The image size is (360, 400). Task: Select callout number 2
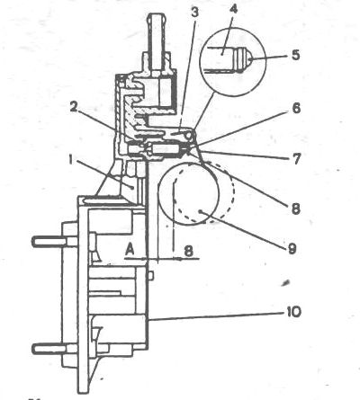[x=74, y=106]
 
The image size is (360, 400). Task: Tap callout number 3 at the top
[x=194, y=13]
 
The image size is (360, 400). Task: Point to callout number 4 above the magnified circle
[x=233, y=9]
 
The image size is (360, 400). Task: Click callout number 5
[x=295, y=55]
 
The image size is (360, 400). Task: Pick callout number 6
[x=296, y=108]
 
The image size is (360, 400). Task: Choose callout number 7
[x=296, y=159]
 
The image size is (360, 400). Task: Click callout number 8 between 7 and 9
[x=296, y=209]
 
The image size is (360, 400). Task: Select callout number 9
[x=292, y=248]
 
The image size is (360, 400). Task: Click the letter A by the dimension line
[x=130, y=249]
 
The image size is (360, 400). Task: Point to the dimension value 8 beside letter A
[x=188, y=251]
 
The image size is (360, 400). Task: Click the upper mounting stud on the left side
[x=49, y=241]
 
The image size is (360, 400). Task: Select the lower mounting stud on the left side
[x=49, y=349]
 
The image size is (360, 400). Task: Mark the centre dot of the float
[x=201, y=212]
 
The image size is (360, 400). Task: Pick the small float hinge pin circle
[x=189, y=136]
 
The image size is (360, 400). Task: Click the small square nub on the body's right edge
[x=151, y=275]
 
